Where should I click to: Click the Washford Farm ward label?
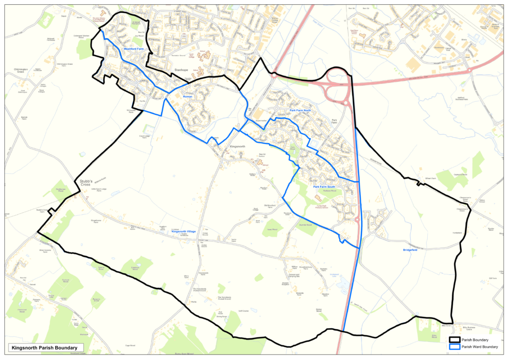pos(134,49)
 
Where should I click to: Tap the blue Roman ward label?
pos(187,97)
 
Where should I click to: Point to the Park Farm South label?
pos(324,187)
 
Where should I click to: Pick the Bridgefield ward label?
pos(410,249)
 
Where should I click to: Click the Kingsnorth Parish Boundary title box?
pos(46,348)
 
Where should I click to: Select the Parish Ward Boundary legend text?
pos(480,347)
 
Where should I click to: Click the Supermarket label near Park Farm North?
pos(263,120)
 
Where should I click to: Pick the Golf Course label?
pos(243,311)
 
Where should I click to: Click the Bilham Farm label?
pos(430,178)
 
